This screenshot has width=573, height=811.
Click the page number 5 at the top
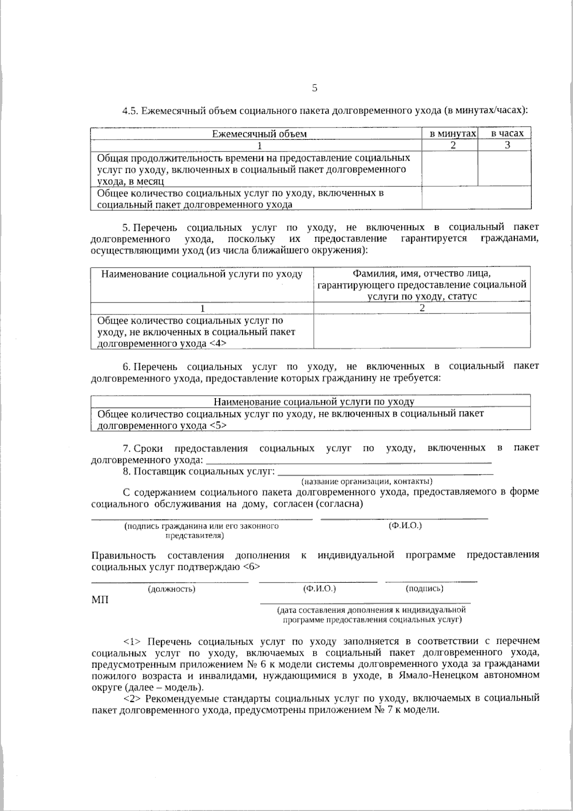coord(314,88)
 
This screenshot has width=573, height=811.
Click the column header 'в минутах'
coord(450,134)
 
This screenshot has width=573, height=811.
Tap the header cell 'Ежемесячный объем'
coord(259,134)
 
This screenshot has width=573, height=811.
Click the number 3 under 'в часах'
coord(508,145)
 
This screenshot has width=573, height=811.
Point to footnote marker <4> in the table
coord(217,344)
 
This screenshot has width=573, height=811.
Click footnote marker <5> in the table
coord(218,425)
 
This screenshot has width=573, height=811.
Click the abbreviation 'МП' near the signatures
coord(99,600)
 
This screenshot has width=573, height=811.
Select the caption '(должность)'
coord(172,589)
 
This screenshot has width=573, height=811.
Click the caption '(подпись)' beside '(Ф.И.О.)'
coord(424,588)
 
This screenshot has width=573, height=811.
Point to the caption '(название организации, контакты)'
coord(366,481)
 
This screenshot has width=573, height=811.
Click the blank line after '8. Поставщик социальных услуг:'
coord(385,472)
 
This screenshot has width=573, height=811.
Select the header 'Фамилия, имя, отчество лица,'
coord(422,273)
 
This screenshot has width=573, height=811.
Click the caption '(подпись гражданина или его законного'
coord(201,526)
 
